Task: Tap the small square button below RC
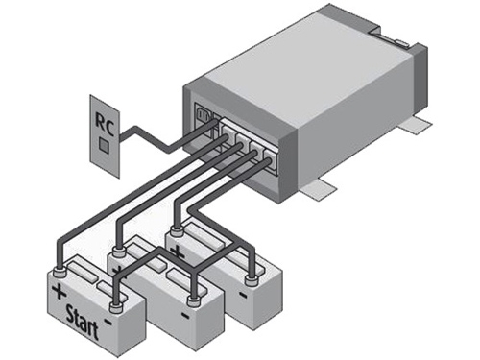coord(104,145)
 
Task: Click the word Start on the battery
coord(83,322)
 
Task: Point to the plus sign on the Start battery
coord(59,292)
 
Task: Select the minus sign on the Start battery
coord(108,322)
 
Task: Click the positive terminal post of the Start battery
coord(60,273)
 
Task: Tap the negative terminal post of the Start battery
coord(116,308)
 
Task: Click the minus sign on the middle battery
coord(185,316)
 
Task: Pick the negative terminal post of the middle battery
coord(194,301)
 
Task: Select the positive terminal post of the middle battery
coord(117,252)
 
